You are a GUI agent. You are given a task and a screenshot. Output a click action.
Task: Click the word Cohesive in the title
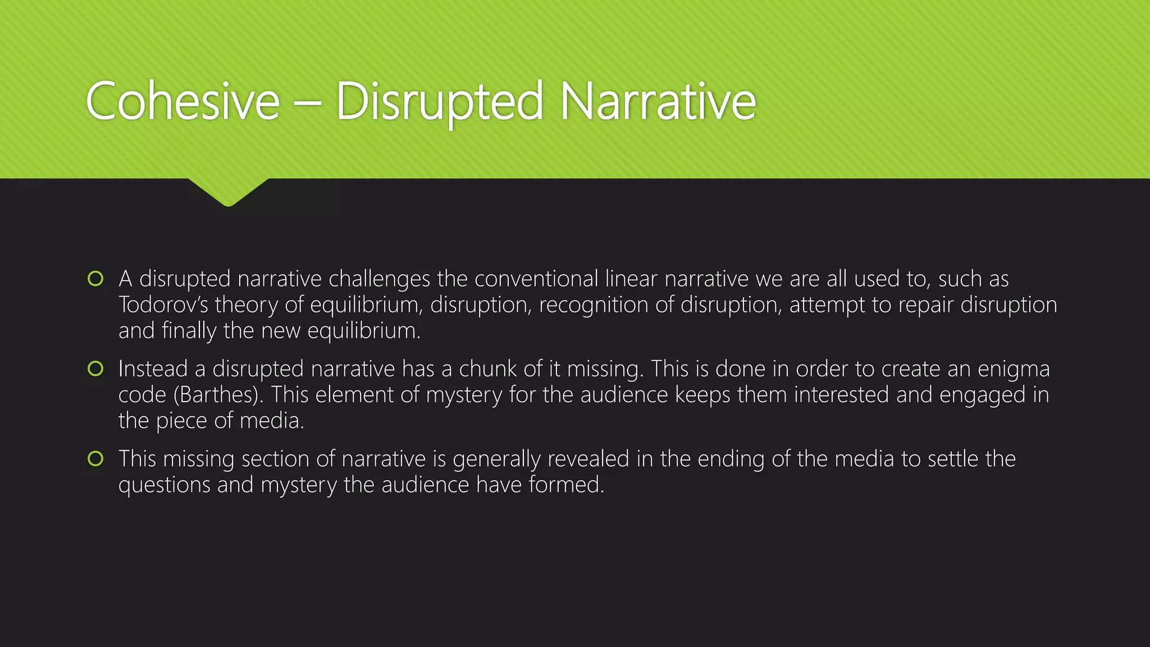pos(182,101)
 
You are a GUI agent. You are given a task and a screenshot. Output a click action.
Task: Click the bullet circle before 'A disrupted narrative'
pos(96,279)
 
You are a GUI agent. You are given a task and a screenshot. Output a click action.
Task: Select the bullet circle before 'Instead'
pos(96,368)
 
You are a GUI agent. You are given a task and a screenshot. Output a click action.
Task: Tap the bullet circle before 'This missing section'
pos(96,459)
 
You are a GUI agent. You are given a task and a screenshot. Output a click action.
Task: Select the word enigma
pos(1013,369)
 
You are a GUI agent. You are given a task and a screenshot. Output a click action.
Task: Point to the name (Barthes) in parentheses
pos(219,395)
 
